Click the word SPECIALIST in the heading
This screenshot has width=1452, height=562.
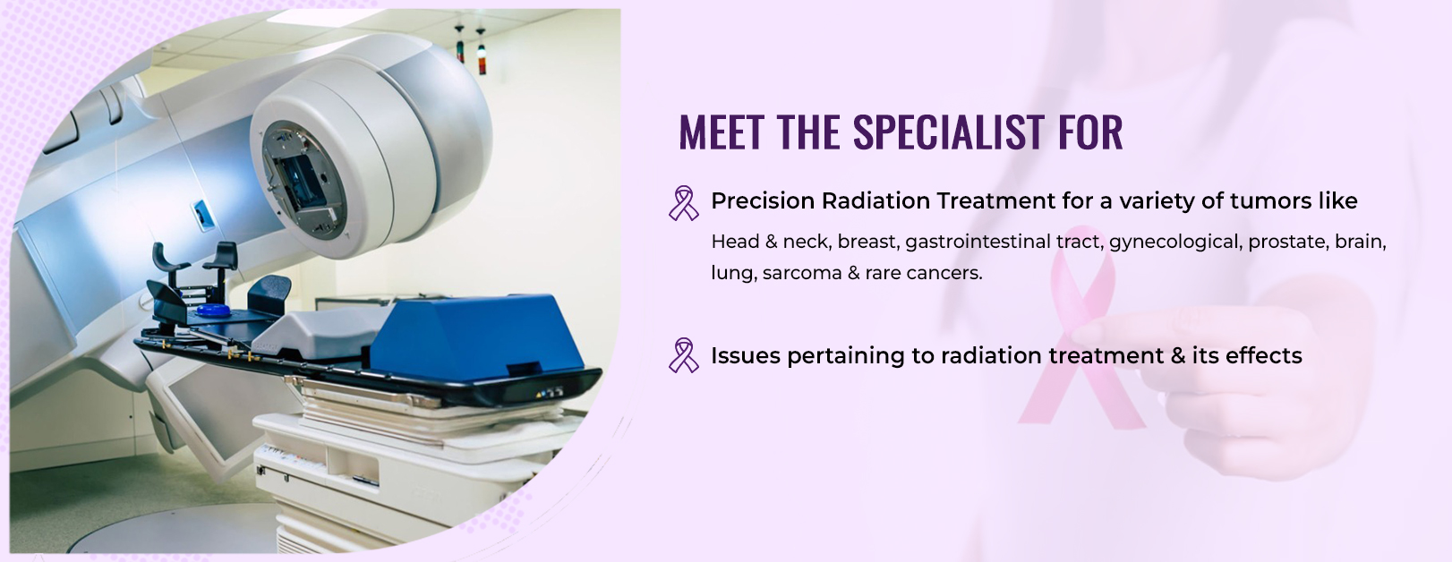[949, 132]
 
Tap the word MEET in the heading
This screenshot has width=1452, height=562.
[721, 132]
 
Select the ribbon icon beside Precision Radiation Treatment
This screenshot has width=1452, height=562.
[683, 203]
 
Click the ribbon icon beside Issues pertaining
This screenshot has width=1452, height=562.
[683, 355]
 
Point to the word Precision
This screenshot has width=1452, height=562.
[763, 201]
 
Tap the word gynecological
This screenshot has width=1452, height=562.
[1176, 243]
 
